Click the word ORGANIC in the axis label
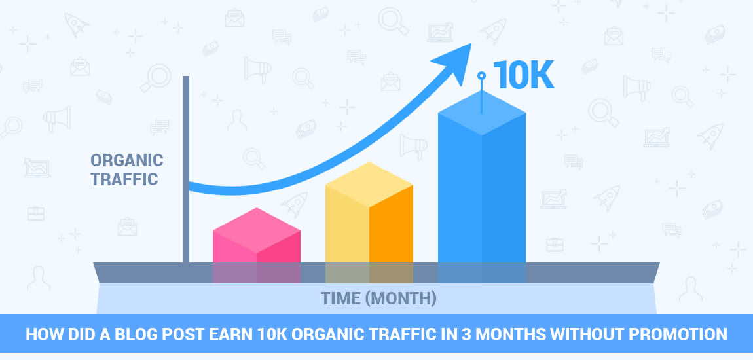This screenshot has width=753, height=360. point(126,160)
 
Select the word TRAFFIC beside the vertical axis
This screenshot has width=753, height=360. point(124,178)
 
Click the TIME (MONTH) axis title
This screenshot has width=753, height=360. point(378,298)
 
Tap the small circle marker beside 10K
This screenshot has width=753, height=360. point(481,76)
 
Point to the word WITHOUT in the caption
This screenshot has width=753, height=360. point(579,334)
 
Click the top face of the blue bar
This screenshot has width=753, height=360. point(481,113)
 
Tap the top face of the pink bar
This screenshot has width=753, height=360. point(256,221)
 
